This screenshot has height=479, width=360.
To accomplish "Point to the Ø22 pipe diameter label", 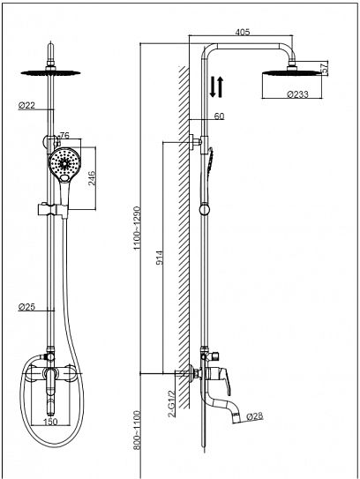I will (26, 106).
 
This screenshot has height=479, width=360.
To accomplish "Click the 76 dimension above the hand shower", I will (64, 137).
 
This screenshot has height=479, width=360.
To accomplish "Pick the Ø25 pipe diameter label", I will (26, 308).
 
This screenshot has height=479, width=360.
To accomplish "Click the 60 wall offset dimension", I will (219, 116).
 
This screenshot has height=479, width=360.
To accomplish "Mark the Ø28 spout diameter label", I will (257, 415).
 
